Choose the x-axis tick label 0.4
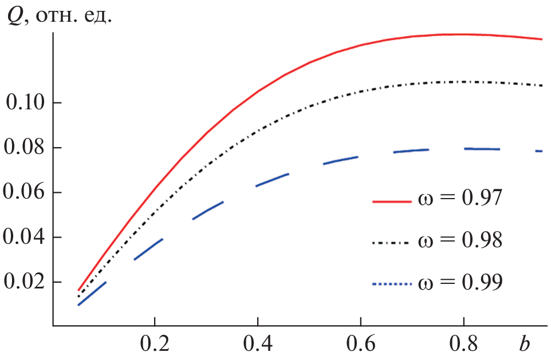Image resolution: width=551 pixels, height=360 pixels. (x=257, y=345)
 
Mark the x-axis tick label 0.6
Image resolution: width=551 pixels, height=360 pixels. (x=360, y=345)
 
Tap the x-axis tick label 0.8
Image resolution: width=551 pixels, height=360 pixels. (x=463, y=345)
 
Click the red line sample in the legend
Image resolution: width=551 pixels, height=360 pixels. (x=392, y=201)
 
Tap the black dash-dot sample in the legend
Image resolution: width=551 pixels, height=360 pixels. (x=392, y=243)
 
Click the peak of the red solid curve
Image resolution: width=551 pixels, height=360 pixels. (x=452, y=34)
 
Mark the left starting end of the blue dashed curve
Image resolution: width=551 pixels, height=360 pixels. (x=78, y=304)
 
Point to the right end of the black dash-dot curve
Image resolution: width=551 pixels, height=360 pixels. (x=542, y=85)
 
